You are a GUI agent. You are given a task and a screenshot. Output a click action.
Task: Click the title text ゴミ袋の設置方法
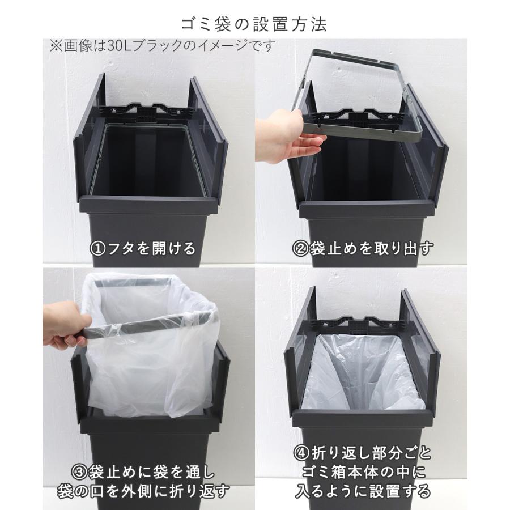254,25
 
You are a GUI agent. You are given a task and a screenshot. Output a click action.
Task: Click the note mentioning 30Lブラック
162,45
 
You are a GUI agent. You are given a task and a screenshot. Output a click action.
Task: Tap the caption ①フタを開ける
143,248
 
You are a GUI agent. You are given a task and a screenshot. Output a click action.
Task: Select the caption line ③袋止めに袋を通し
144,471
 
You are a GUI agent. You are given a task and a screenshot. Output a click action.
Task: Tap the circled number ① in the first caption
98,248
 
